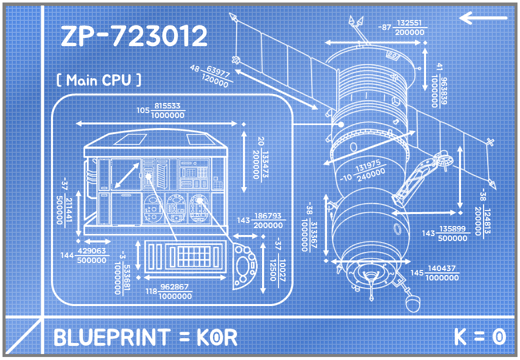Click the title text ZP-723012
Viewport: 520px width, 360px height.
tap(134, 36)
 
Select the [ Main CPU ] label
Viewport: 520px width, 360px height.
tap(98, 80)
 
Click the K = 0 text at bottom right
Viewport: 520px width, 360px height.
tap(480, 336)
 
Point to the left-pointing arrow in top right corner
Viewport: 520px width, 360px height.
tap(483, 18)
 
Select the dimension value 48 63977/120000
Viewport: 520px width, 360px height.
tap(210, 74)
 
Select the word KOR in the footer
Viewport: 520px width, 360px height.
tap(216, 337)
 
